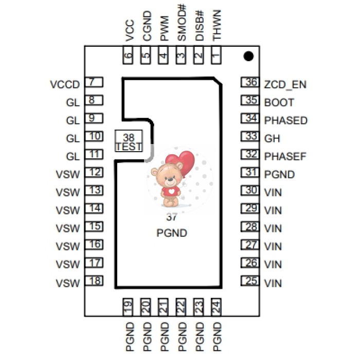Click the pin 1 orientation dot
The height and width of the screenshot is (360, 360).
pyautogui.click(x=249, y=56)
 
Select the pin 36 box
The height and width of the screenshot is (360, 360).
pyautogui.click(x=250, y=83)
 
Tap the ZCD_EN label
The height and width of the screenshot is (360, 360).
pyautogui.click(x=285, y=84)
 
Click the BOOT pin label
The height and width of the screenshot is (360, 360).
pyautogui.click(x=279, y=102)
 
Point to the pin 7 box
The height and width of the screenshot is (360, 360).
pyautogui.click(x=94, y=82)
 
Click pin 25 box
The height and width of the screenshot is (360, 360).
pyautogui.click(x=250, y=281)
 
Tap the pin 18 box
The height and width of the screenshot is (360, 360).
pyautogui.click(x=94, y=281)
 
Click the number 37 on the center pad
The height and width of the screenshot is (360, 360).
pyautogui.click(x=171, y=218)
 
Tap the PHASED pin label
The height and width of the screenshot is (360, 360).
pyautogui.click(x=285, y=120)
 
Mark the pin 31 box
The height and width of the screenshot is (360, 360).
pyautogui.click(x=250, y=173)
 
